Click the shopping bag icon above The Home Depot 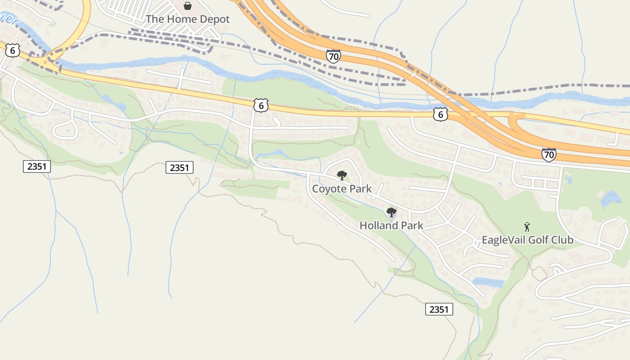click(188, 6)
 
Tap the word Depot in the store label click(214, 19)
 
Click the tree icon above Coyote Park click(342, 175)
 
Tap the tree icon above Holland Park click(391, 212)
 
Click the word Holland click(377, 225)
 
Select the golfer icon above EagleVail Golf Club click(527, 227)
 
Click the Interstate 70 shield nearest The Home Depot click(333, 56)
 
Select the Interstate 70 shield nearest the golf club click(549, 154)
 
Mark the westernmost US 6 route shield click(13, 50)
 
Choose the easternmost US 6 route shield click(441, 114)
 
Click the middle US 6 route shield click(261, 105)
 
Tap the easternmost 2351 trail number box click(439, 309)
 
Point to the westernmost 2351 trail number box click(37, 166)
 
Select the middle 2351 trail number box click(180, 167)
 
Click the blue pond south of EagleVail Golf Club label click(488, 283)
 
